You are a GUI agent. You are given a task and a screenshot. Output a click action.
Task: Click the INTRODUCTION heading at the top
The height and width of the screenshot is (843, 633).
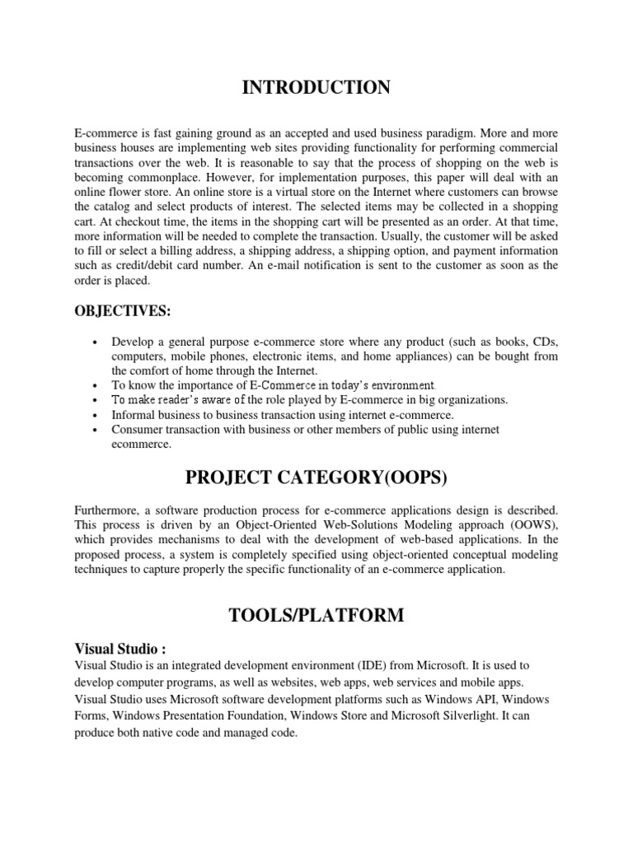click(316, 88)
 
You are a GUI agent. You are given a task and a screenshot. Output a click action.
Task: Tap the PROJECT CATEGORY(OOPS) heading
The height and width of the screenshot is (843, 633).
click(316, 477)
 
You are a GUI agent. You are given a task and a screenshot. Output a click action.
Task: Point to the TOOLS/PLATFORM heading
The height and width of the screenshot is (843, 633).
click(316, 615)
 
